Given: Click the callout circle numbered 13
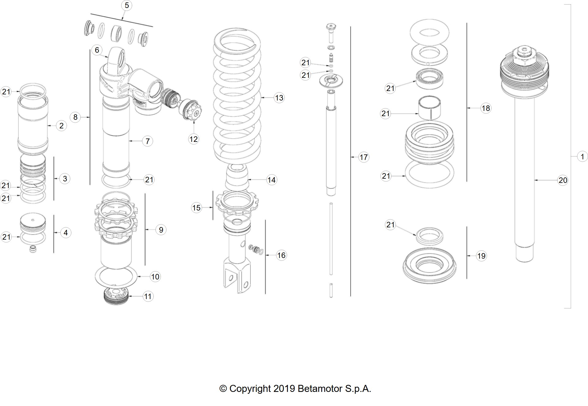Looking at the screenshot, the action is click(279, 98).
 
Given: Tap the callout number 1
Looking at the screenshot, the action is click(582, 157).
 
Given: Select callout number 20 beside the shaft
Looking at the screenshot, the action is click(563, 180).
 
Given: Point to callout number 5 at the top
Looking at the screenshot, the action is click(126, 6).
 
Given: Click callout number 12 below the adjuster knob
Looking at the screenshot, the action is click(194, 139).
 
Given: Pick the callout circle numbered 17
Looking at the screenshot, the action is click(364, 157).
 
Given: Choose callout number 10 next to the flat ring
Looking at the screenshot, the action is click(155, 277).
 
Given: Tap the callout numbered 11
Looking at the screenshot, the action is click(148, 296).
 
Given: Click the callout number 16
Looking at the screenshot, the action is click(281, 255).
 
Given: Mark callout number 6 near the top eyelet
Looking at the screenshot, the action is click(97, 50).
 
